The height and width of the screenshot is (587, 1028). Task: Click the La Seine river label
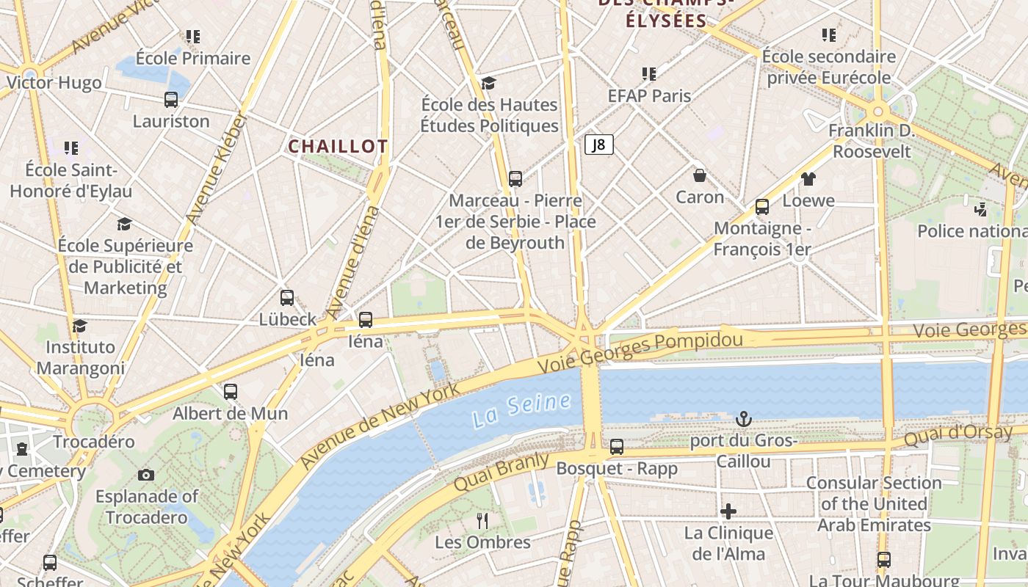[x=521, y=410]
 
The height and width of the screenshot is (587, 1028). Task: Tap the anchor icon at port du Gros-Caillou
[x=744, y=419]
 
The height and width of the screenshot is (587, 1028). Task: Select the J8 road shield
[x=599, y=145]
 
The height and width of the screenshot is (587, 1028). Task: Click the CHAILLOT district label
[x=338, y=147]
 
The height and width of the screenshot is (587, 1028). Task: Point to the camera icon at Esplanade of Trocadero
[x=146, y=475]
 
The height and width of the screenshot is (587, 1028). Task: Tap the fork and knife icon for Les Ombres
[x=482, y=521]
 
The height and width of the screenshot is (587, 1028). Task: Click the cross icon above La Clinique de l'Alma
[x=728, y=511]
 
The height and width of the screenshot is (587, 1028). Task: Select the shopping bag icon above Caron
[x=700, y=175]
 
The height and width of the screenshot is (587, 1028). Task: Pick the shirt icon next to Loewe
[x=808, y=179]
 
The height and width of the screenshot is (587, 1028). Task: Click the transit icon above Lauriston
[x=171, y=100]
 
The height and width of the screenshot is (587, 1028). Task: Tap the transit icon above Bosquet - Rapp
[x=617, y=446]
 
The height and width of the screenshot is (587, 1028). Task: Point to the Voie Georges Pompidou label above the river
[x=640, y=351]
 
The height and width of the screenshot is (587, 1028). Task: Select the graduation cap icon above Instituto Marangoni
[x=80, y=325]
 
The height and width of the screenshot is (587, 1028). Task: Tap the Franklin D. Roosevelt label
[x=871, y=141]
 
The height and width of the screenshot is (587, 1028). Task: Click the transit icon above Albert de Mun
[x=231, y=392]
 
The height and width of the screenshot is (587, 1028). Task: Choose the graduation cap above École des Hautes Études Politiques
[x=488, y=84]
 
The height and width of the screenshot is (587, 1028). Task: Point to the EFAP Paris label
[x=649, y=95]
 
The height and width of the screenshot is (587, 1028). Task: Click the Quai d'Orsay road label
[x=958, y=436]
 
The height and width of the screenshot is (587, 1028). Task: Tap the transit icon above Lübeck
[x=287, y=298]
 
